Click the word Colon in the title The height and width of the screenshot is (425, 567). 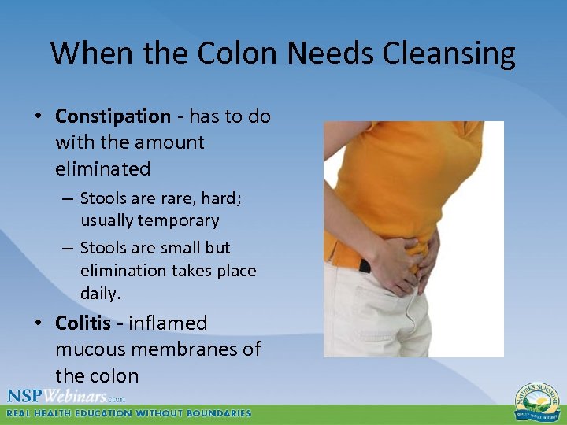coord(237,54)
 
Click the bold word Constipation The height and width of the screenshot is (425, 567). coord(113,116)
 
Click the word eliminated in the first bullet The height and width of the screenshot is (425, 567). coord(102,168)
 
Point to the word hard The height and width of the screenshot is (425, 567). coord(224,198)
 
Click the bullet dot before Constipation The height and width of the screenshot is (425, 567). coord(39,117)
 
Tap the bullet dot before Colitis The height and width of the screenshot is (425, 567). coord(39,323)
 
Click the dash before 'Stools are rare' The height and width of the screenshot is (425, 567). coord(69,199)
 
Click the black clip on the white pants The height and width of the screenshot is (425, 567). coord(363,264)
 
